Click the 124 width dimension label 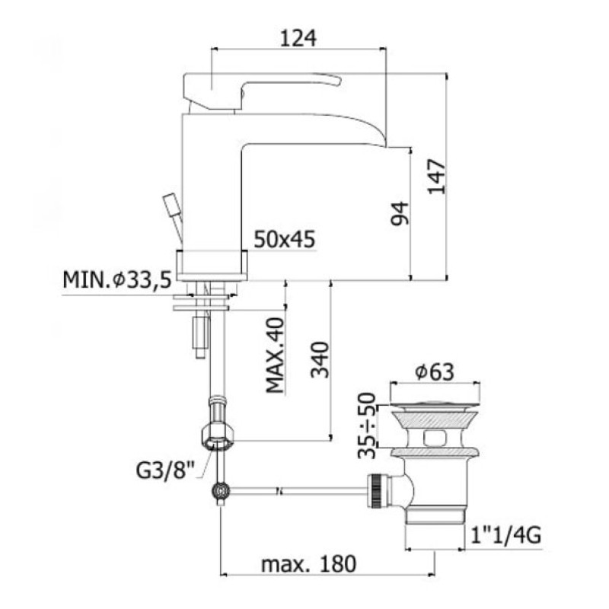tap(298, 39)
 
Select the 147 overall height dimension tap(436, 177)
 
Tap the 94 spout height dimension tap(400, 213)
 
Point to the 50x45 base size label tap(284, 239)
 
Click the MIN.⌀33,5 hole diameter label tap(117, 279)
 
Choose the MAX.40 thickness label tap(276, 355)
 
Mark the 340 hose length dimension tap(320, 359)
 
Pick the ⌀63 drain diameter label tap(434, 371)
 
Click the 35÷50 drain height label tap(367, 426)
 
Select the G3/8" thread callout tap(165, 470)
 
